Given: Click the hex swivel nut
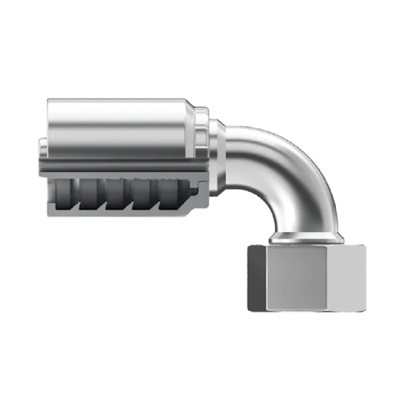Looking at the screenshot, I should click(x=299, y=277).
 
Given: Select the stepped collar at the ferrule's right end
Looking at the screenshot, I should click(x=201, y=132).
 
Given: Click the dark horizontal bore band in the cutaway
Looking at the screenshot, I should click(x=117, y=166).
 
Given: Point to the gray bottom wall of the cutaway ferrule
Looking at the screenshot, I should click(x=117, y=212).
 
